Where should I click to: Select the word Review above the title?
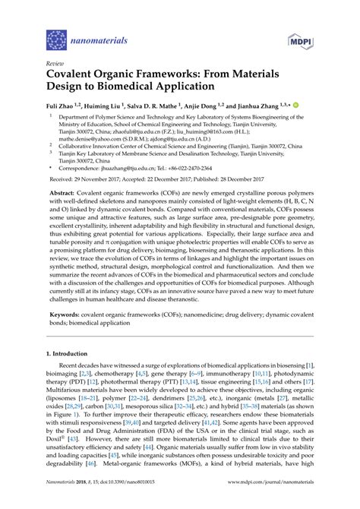[x=55, y=64]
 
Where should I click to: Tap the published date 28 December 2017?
[x=256, y=181]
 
